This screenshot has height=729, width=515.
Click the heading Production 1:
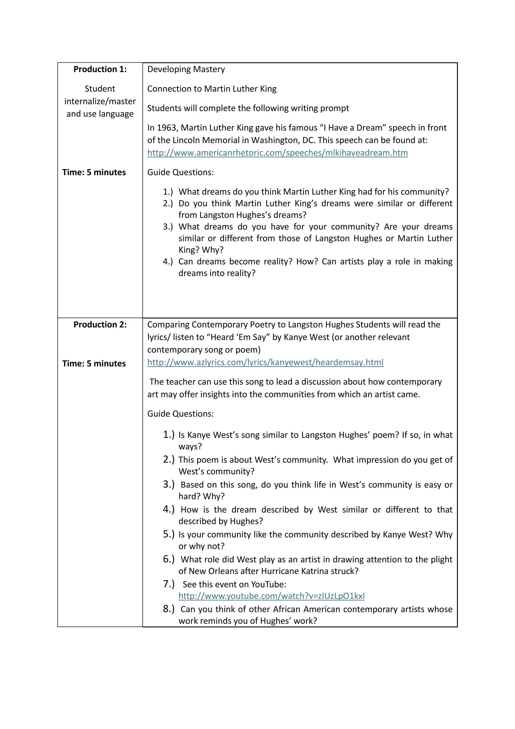100,69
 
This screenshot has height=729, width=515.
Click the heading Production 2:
100,324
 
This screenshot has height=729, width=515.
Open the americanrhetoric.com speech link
277,153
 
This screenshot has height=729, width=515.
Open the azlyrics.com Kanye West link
265,362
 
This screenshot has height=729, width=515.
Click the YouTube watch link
271,596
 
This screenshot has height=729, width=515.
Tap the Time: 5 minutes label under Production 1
94,172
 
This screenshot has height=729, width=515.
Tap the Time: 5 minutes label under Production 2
94,363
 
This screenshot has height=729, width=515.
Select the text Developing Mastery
186,69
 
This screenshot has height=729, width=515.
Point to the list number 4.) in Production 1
168,262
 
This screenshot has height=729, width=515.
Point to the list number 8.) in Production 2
168,609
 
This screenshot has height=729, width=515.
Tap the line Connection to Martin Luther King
212,89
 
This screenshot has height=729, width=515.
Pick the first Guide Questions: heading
181,172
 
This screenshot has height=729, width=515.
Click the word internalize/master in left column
100,101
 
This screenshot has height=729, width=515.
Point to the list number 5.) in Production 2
168,534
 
